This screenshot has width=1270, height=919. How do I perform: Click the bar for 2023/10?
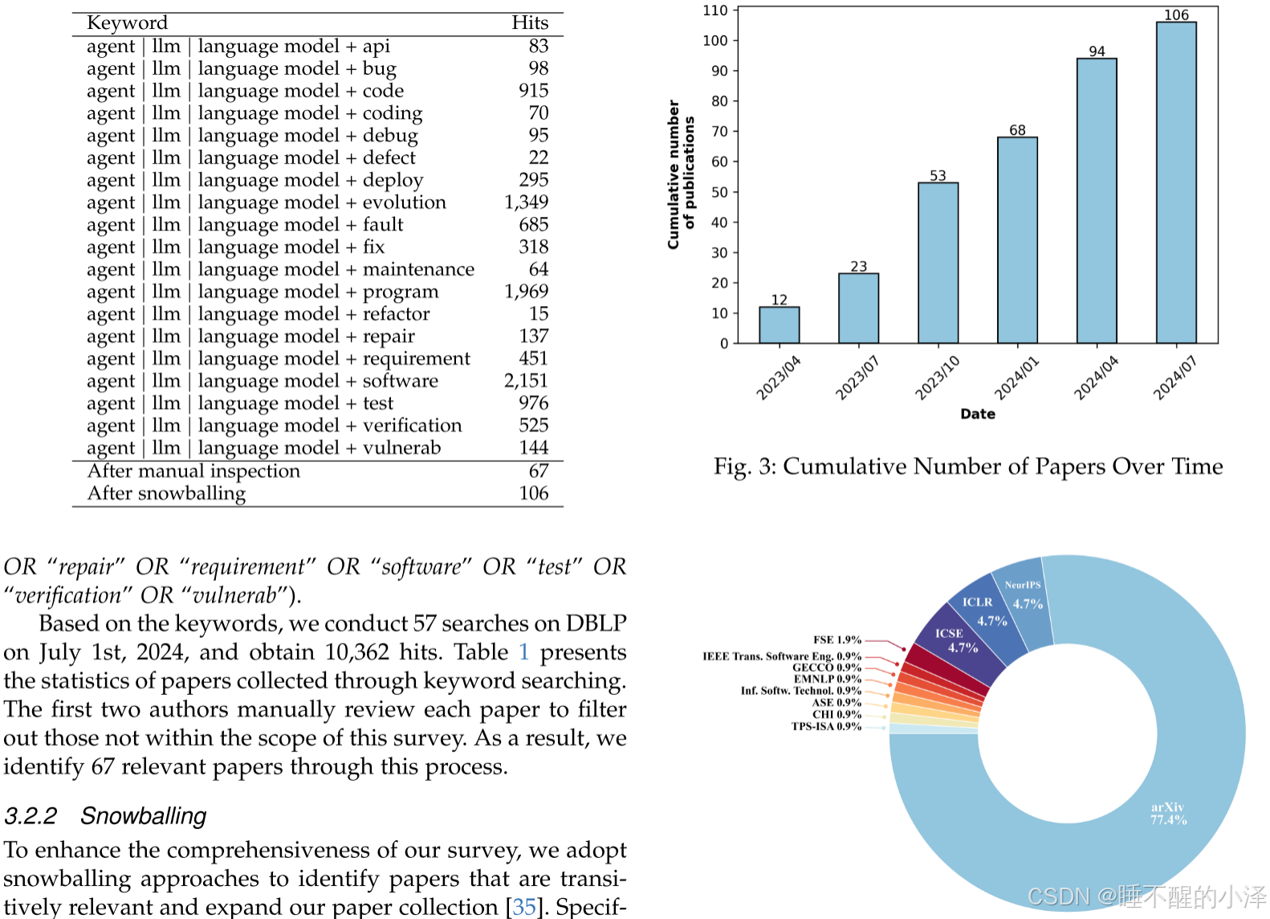tap(938, 263)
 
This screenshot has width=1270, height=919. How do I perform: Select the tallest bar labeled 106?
tap(1176, 182)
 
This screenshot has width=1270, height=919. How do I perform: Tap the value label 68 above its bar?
tap(1017, 130)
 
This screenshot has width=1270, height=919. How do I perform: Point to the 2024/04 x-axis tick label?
tap(1096, 378)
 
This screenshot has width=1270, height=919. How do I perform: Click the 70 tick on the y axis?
tap(719, 132)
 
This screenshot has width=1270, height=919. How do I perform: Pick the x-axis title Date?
tap(977, 414)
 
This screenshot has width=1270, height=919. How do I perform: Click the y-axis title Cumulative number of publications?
tap(681, 174)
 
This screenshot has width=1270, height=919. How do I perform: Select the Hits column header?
tap(530, 22)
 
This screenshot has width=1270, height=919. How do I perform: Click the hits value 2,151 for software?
tap(526, 381)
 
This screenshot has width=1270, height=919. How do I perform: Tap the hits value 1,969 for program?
tap(526, 292)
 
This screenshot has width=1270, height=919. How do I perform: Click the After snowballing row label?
tap(166, 493)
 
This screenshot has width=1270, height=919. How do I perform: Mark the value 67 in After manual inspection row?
tap(538, 471)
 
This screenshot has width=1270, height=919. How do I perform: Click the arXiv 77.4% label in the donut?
tap(1167, 813)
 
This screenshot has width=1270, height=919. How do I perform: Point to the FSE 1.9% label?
tap(836, 640)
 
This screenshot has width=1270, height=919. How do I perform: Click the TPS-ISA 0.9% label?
tap(825, 726)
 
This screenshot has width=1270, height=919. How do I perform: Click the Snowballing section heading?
tap(143, 816)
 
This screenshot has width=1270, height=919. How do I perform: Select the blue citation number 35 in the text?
tap(523, 907)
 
